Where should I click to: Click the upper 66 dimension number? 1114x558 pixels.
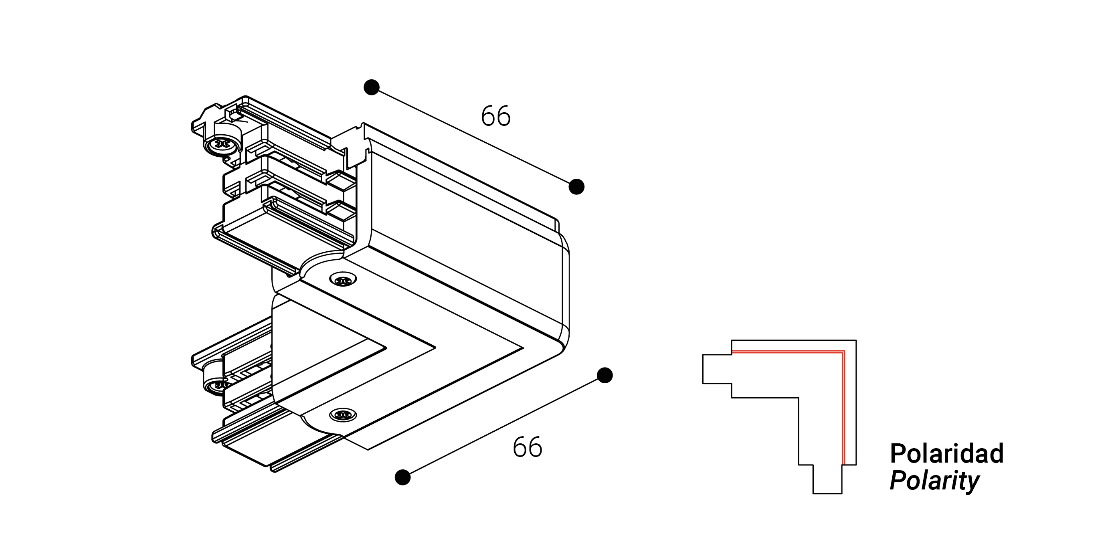(495, 116)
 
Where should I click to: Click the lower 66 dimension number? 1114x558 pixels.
(527, 447)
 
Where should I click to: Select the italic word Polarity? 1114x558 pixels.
(934, 481)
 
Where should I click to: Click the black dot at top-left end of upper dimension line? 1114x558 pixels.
(372, 87)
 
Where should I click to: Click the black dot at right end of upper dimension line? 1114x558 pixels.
(576, 187)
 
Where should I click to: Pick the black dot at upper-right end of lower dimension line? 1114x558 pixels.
(605, 375)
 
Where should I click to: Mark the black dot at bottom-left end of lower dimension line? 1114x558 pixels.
(402, 477)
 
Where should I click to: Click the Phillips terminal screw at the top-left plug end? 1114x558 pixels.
(223, 145)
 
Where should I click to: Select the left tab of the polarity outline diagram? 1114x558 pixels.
(717, 369)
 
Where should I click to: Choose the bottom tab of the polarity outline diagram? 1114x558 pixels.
(827, 479)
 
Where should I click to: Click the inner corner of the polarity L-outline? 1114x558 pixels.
(798, 398)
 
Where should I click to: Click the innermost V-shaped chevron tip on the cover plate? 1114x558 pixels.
(385, 347)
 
